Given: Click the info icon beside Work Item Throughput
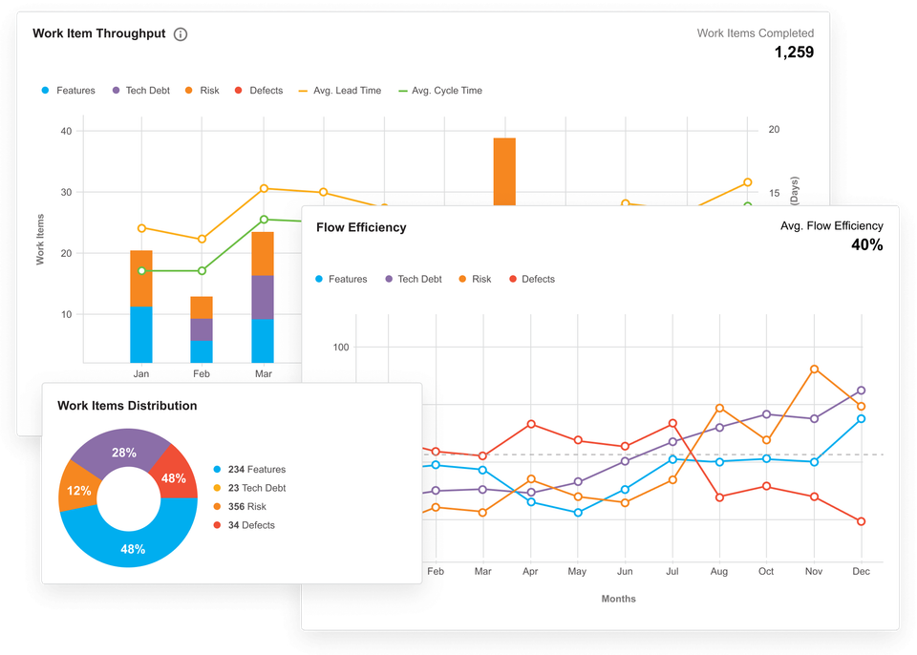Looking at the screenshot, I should (x=181, y=34).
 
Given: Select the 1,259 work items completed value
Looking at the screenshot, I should (x=793, y=53).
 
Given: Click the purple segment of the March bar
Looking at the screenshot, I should (x=263, y=296).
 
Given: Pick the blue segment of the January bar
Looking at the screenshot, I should (x=141, y=334).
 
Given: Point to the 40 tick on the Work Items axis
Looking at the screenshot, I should (x=66, y=131).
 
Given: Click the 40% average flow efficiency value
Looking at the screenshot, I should (x=866, y=245).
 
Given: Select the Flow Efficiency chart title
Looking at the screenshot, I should (x=361, y=227).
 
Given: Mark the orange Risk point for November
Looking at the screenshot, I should (x=814, y=369).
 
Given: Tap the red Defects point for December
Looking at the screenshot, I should (x=861, y=521).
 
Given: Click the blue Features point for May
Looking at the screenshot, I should (x=578, y=513).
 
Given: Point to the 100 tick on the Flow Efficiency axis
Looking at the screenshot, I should (x=342, y=347).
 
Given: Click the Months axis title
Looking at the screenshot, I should (x=618, y=599).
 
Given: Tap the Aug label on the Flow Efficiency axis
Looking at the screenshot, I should (x=719, y=571).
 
